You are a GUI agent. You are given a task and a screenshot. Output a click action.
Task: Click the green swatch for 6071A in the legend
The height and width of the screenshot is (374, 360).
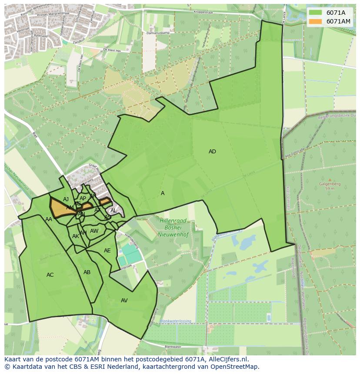pos(316,13)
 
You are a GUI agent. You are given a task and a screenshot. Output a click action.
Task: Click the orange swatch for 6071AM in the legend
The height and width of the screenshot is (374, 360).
pos(316,21)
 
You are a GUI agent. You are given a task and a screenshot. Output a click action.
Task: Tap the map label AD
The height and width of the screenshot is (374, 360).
pos(212,152)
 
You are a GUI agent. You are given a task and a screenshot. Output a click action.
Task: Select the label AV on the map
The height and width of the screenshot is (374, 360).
pos(124,301)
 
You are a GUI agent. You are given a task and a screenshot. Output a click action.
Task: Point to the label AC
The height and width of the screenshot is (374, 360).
pos(50,275)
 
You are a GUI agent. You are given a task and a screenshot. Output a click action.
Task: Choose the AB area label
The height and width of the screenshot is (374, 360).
pos(87,272)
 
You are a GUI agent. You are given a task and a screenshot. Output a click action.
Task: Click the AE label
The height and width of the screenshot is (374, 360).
pos(107,251)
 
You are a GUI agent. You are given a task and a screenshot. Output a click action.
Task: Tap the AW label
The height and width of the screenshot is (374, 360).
pos(94,231)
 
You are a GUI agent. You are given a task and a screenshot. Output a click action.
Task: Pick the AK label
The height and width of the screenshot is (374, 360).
pos(76,236)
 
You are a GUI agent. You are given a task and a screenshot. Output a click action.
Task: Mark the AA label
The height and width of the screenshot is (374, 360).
pos(49,219)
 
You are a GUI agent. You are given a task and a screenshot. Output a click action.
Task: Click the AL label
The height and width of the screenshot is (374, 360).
pos(113,211)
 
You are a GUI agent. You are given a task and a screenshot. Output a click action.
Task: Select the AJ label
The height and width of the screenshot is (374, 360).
pos(66,199)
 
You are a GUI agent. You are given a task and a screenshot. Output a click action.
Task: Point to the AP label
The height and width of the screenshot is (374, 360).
pos(83,199)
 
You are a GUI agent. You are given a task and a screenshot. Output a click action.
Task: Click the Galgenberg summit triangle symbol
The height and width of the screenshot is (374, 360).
pos(330,179)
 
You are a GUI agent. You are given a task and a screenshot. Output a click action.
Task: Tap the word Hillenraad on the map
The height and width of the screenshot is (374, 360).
pos(173,221)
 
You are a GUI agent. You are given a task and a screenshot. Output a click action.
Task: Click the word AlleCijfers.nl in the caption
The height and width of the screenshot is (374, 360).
pos(227,359)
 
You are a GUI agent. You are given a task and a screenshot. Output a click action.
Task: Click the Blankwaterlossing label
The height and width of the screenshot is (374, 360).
pos(175,321)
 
